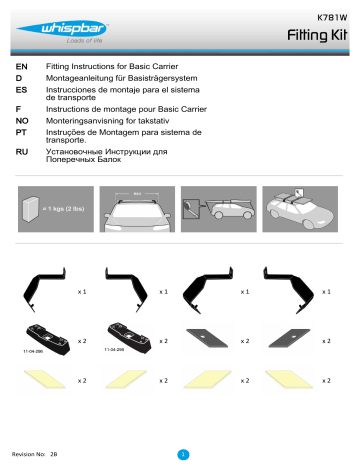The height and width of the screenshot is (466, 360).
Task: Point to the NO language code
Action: pos(22,119)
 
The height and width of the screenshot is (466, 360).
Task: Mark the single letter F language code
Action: pos(18,108)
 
